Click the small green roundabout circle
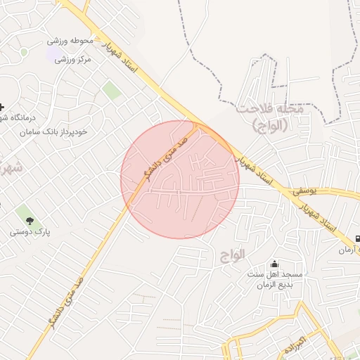[25, 52]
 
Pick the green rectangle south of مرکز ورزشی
[111, 90]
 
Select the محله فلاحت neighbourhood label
[269, 110]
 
